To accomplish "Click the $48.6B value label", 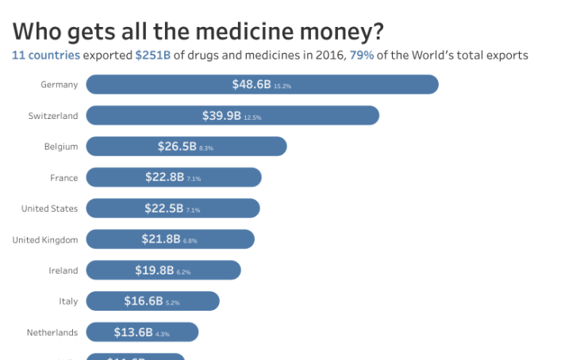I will coord(252,84).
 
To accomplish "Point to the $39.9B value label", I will coord(221,116).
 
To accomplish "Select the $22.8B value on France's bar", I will coord(164,178).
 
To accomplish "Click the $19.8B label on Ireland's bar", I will coord(154,270).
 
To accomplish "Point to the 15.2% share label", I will coord(282,86).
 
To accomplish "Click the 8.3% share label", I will coord(206,148).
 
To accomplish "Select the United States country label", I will coord(49,209).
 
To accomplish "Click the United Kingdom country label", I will coord(45,239).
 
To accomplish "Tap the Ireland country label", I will coord(63,270).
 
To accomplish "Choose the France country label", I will coord(63,178).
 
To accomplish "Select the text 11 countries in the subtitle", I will coord(45,56).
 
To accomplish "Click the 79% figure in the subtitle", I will coord(361,56).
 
